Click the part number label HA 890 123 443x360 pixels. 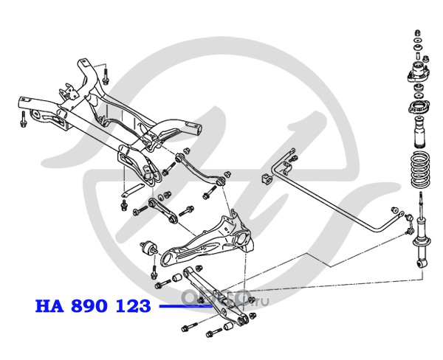[92, 306]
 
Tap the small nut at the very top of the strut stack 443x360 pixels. [419, 33]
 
